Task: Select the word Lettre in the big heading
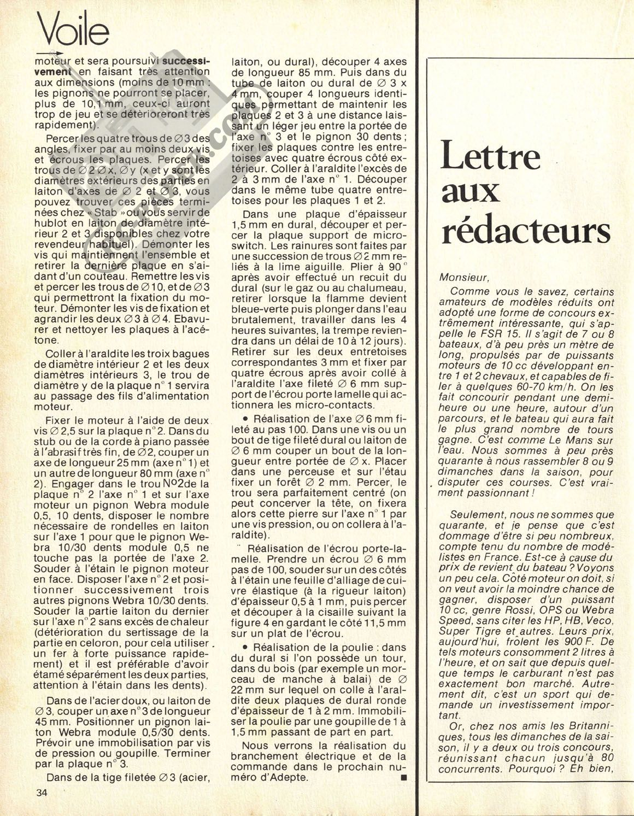(491, 156)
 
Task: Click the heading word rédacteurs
(525, 231)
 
